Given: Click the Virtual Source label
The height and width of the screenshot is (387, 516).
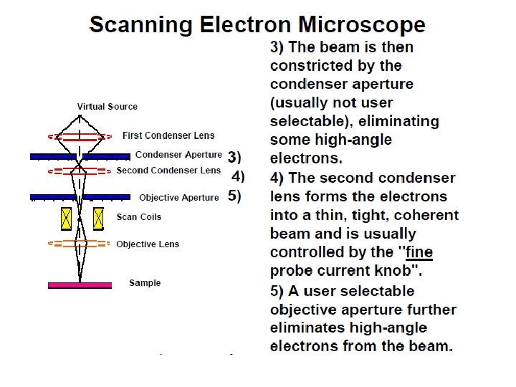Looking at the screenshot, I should point(107,107).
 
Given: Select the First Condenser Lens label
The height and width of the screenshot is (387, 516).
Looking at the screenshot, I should point(168,135).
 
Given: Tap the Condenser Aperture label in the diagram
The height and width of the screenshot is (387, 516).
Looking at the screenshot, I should point(178,155).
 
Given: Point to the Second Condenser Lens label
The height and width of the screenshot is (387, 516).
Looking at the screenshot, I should point(169,171).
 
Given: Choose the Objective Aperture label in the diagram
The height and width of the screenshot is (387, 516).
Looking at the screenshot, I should point(179,198).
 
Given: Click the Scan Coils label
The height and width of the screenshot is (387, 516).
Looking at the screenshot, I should point(139,217).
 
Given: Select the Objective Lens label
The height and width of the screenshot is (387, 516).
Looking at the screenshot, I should point(148,244).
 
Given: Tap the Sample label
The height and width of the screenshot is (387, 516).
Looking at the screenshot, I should point(145,283).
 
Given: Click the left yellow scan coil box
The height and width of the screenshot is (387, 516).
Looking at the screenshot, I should point(67,218).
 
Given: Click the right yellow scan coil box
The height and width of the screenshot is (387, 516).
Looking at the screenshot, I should point(98,218).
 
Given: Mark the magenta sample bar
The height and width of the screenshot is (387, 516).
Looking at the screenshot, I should point(80,285).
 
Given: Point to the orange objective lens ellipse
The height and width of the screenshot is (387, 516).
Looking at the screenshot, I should point(80,244).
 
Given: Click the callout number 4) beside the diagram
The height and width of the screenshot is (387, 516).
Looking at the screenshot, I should point(238,176).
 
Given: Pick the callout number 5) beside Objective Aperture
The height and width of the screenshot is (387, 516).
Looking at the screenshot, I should point(234,196).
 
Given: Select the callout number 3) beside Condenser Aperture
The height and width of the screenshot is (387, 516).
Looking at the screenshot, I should point(234,156).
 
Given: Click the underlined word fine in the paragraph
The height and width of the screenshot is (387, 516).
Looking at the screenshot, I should point(419,252).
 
